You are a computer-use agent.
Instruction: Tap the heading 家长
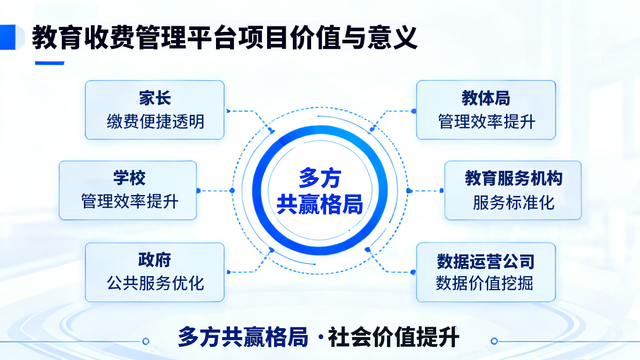pos(155,98)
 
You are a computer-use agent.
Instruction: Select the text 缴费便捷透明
pos(155,122)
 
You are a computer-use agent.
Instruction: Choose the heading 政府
pos(155,260)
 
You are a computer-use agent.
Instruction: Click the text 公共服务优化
pos(155,283)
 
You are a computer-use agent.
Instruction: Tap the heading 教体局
pos(486,98)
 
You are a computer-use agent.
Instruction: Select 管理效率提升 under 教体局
pos(486,122)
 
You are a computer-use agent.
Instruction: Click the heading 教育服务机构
pos(513,179)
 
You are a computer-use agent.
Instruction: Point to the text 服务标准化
pos(513,202)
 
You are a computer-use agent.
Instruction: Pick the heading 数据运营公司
pos(485,261)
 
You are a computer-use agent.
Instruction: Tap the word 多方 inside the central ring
pos(320,179)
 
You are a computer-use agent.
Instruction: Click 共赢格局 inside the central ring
pos(320,204)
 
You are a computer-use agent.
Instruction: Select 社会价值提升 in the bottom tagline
pos(394,337)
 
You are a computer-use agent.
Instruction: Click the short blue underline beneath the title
pos(49,63)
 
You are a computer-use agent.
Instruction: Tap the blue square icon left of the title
pos(10,37)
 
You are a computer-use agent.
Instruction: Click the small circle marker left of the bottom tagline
pos(146,341)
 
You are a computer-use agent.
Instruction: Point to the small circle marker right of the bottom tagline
pos(494,341)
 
